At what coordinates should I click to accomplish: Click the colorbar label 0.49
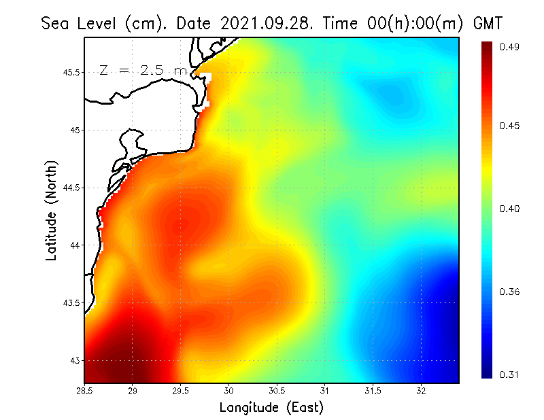511,47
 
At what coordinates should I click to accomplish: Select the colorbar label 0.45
511,126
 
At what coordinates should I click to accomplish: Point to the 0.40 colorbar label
511,209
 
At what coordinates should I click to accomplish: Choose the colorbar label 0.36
511,292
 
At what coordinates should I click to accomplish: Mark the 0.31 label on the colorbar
511,374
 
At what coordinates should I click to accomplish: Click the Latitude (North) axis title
52,211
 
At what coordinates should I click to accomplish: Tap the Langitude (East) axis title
271,408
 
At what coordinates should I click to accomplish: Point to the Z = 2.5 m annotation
142,70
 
